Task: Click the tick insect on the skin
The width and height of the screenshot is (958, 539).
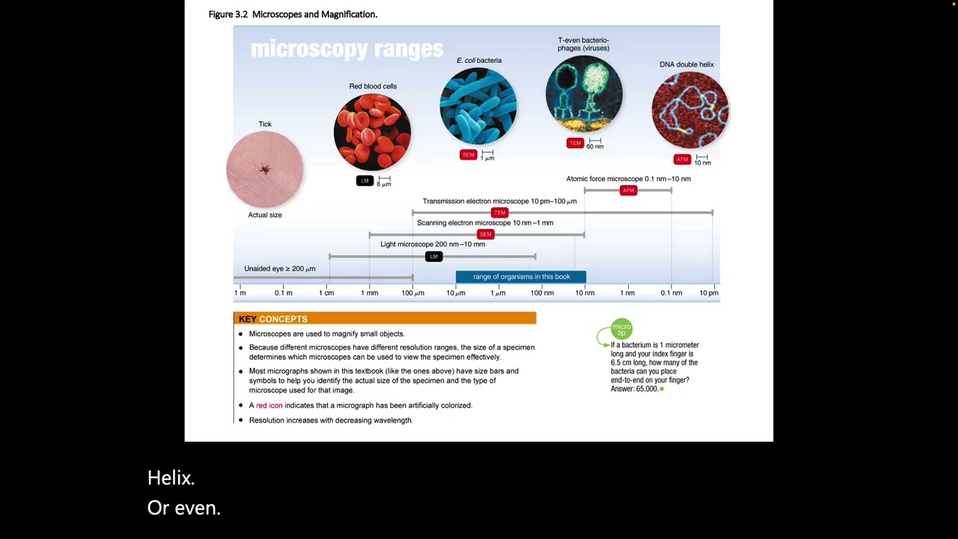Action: pos(265,168)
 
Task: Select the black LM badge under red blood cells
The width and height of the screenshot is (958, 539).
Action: pos(364,180)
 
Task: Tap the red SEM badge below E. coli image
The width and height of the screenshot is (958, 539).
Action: pos(469,154)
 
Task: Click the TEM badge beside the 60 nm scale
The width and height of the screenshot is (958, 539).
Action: pos(576,143)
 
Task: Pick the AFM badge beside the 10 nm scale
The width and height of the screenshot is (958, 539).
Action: pos(682,159)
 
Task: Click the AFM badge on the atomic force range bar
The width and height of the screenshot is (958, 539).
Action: pos(628,190)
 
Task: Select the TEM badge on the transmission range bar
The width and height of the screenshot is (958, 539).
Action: pos(499,212)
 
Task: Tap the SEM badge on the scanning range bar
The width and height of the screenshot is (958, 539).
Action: pos(486,234)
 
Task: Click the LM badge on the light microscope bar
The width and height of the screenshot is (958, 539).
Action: pos(433,256)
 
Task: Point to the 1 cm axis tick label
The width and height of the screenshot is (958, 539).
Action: pos(326,293)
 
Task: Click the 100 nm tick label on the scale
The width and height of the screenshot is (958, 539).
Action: pos(542,293)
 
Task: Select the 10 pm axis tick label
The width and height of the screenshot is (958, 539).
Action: pos(709,293)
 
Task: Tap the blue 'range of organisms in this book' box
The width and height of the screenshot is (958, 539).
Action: pos(521,277)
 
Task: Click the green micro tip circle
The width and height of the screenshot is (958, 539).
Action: pos(621,329)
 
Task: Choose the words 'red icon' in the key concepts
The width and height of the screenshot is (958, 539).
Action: pos(269,406)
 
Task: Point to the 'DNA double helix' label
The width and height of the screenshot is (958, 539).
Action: pos(686,64)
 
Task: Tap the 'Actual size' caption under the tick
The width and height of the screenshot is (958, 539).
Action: pos(265,215)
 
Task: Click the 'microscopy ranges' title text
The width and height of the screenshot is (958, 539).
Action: pos(347,49)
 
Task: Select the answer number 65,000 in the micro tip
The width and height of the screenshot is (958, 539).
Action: pos(647,389)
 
